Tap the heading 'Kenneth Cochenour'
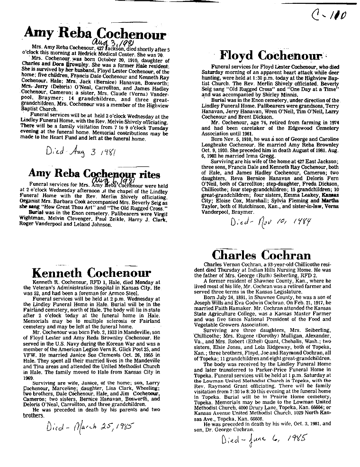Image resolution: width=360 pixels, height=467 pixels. (91, 273)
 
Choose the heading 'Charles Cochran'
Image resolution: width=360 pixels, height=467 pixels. (261, 255)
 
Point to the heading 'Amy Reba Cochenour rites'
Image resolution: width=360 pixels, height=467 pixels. (95, 174)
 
